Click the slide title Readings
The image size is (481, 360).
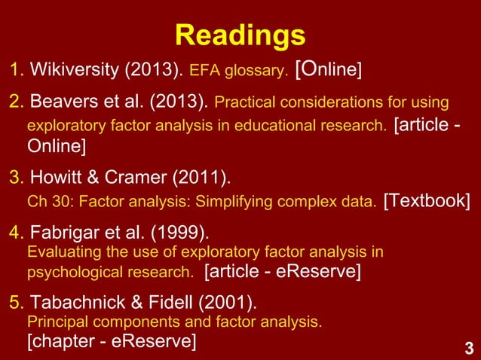point(240,35)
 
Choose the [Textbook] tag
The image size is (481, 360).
point(427,202)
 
